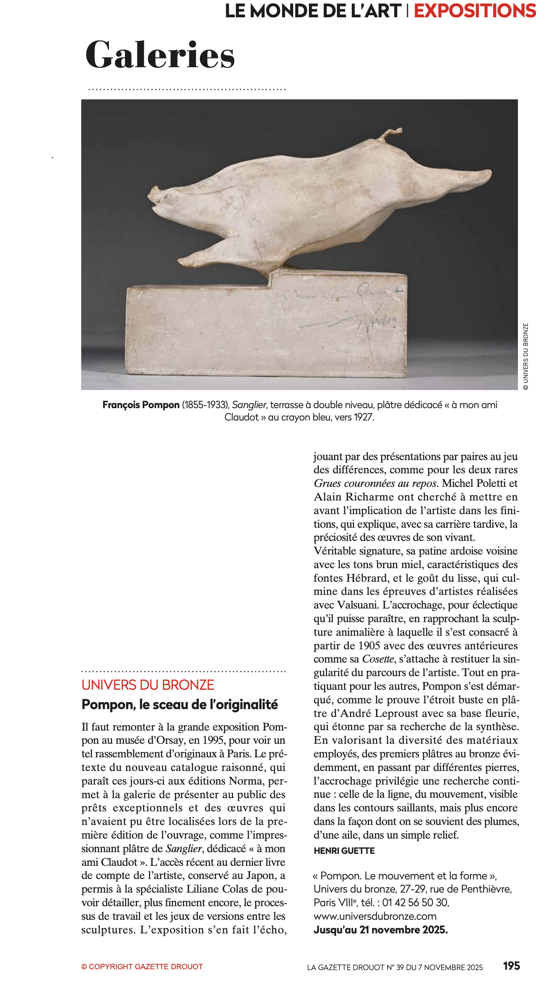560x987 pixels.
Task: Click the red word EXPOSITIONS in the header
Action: tap(475, 11)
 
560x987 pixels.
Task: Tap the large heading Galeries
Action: tap(160, 55)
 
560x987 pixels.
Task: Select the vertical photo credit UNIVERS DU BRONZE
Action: tap(525, 356)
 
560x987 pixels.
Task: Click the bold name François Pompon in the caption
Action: tap(141, 405)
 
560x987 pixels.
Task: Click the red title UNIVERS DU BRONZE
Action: tap(148, 685)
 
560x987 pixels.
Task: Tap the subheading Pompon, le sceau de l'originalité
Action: tap(180, 705)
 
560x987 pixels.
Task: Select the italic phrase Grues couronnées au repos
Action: tap(375, 483)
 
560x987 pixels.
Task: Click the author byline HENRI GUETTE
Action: tap(344, 851)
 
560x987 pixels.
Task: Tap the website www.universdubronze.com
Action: tap(375, 916)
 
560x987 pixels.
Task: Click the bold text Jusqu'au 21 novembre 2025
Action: tap(380, 930)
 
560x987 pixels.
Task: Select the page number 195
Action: tap(511, 966)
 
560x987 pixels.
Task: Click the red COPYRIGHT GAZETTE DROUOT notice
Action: tap(142, 966)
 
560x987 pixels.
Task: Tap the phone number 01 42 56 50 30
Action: tap(415, 902)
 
